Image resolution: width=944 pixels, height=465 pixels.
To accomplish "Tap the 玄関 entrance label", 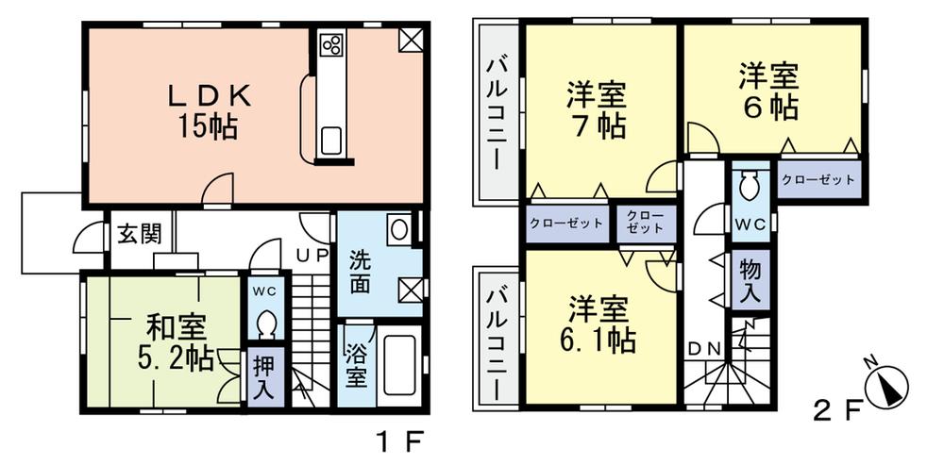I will tap(138, 233).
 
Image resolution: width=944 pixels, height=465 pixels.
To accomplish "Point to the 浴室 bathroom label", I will tap(355, 364).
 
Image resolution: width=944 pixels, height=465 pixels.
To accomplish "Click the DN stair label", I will tap(704, 348).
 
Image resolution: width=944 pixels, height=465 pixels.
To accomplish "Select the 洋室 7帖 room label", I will tap(596, 109).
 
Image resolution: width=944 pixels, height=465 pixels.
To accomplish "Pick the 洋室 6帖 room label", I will tap(768, 91).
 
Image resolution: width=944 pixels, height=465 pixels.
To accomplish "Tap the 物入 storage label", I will tap(750, 280).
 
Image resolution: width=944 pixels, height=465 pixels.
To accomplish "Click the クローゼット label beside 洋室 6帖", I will tap(818, 178).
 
